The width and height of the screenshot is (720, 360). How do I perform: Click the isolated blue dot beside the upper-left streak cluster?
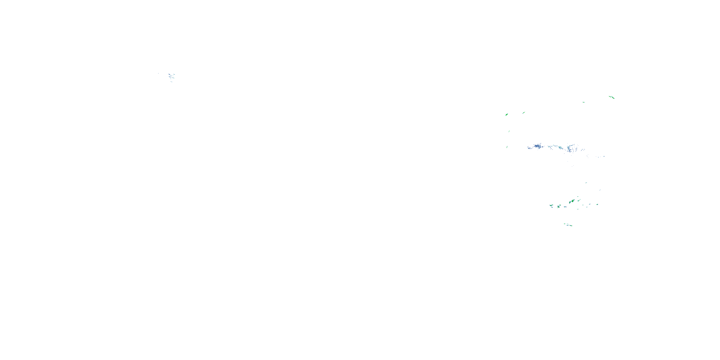point(158,73)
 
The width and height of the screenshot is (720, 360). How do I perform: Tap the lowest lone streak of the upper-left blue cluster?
point(171,82)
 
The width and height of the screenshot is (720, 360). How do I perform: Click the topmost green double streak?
point(612,97)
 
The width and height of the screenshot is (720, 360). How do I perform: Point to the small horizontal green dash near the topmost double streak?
point(584,102)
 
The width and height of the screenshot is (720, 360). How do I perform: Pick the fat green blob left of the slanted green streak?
point(506,114)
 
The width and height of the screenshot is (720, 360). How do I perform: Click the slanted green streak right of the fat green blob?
point(523,113)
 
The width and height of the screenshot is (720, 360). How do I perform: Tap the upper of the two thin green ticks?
point(509,131)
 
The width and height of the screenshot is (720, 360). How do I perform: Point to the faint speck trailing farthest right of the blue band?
point(604,156)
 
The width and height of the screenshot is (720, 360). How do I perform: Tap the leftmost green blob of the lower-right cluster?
point(551,205)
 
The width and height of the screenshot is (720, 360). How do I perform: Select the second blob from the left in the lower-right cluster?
point(559,207)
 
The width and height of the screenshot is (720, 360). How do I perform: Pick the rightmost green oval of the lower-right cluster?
point(597,204)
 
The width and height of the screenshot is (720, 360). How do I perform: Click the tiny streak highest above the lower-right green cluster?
point(586,182)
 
